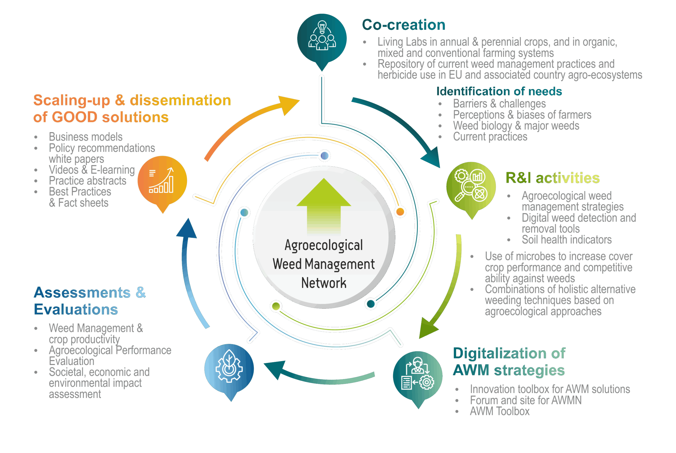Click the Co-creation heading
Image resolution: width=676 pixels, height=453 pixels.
[403, 25]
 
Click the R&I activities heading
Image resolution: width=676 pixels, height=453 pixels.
[552, 178]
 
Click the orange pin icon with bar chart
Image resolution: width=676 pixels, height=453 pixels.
[162, 181]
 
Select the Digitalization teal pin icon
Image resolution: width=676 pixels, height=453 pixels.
[417, 376]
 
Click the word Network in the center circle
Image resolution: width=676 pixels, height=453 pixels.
[323, 283]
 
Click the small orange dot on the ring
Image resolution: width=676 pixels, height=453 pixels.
[400, 212]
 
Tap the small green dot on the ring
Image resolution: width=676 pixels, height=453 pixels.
[276, 306]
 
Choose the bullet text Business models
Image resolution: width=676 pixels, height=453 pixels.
[86, 137]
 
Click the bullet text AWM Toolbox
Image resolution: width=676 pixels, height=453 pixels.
[499, 411]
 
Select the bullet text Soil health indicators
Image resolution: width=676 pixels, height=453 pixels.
[566, 239]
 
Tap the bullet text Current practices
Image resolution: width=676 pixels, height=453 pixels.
[490, 137]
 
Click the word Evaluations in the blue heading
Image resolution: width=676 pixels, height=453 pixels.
[76, 309]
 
